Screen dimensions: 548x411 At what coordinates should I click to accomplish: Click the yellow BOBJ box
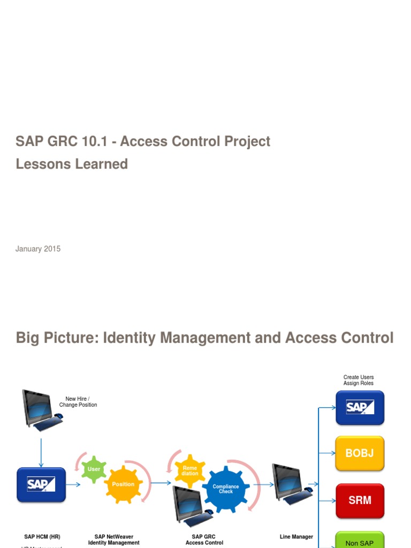pyautogui.click(x=360, y=453)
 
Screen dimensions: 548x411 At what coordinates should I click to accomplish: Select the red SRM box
pyautogui.click(x=360, y=500)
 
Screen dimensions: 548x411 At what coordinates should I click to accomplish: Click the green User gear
pyautogui.click(x=94, y=469)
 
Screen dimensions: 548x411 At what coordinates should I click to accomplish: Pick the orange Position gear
pyautogui.click(x=123, y=484)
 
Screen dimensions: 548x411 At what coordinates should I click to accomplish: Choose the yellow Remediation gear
pyautogui.click(x=190, y=470)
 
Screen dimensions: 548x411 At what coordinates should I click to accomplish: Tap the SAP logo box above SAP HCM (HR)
pyautogui.click(x=41, y=484)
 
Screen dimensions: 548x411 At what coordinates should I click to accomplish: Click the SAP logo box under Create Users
pyautogui.click(x=360, y=407)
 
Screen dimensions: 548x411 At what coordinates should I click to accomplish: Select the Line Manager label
pyautogui.click(x=296, y=537)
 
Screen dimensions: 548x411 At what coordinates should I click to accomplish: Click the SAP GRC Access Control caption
pyautogui.click(x=204, y=539)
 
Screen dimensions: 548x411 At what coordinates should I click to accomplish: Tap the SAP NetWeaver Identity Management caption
pyautogui.click(x=114, y=539)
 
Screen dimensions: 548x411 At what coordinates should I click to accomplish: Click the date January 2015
pyautogui.click(x=38, y=249)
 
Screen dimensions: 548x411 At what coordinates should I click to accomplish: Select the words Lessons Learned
pyautogui.click(x=72, y=164)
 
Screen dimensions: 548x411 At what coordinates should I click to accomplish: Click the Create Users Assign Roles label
pyautogui.click(x=359, y=380)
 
